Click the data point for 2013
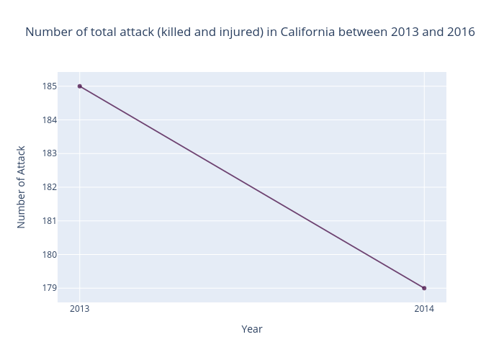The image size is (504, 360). coord(80,86)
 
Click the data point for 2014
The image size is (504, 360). coord(424,288)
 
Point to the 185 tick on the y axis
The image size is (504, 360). coord(50,86)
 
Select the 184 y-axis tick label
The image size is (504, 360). coord(50,120)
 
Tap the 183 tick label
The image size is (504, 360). coord(50,153)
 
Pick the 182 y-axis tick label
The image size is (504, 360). coord(50,187)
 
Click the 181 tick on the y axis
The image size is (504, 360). coord(50,221)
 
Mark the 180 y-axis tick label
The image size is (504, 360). coord(50,255)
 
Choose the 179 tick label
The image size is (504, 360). coord(50,288)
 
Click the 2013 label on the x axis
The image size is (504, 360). coord(80,309)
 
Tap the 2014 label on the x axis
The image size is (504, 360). coord(424,309)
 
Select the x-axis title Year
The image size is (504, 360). coord(252,329)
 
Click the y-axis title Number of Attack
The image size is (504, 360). coord(21,187)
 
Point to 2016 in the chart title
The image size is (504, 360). coord(462,32)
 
